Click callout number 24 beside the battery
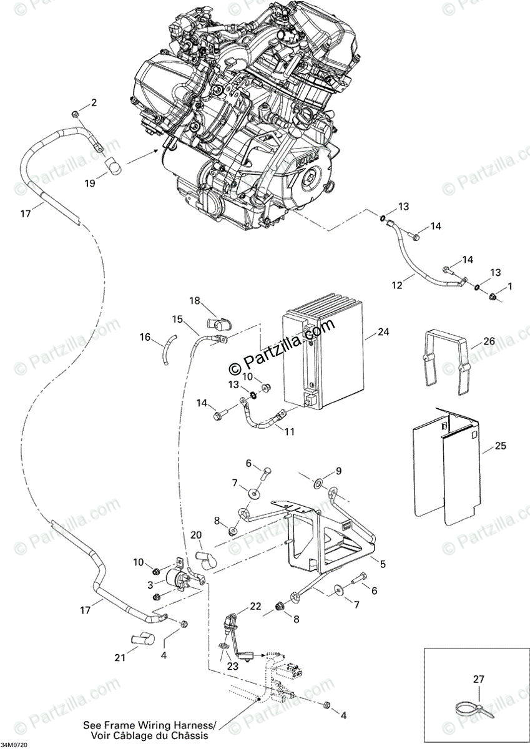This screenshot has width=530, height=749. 383,332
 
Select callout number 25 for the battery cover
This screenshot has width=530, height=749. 501,446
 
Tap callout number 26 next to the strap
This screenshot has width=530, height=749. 489,341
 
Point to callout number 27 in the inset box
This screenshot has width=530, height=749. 479,679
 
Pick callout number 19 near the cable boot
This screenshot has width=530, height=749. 91,183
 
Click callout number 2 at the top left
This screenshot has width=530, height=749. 94,103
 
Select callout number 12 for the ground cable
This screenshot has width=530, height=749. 398,285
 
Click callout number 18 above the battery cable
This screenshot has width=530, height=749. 195,301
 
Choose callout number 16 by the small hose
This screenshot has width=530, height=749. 145,337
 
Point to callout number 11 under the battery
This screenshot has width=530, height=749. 290,431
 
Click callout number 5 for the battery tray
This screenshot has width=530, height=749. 382,564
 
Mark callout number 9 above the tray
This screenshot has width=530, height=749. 338,470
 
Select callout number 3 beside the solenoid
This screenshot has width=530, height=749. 150,585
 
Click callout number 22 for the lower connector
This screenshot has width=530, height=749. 256,606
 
